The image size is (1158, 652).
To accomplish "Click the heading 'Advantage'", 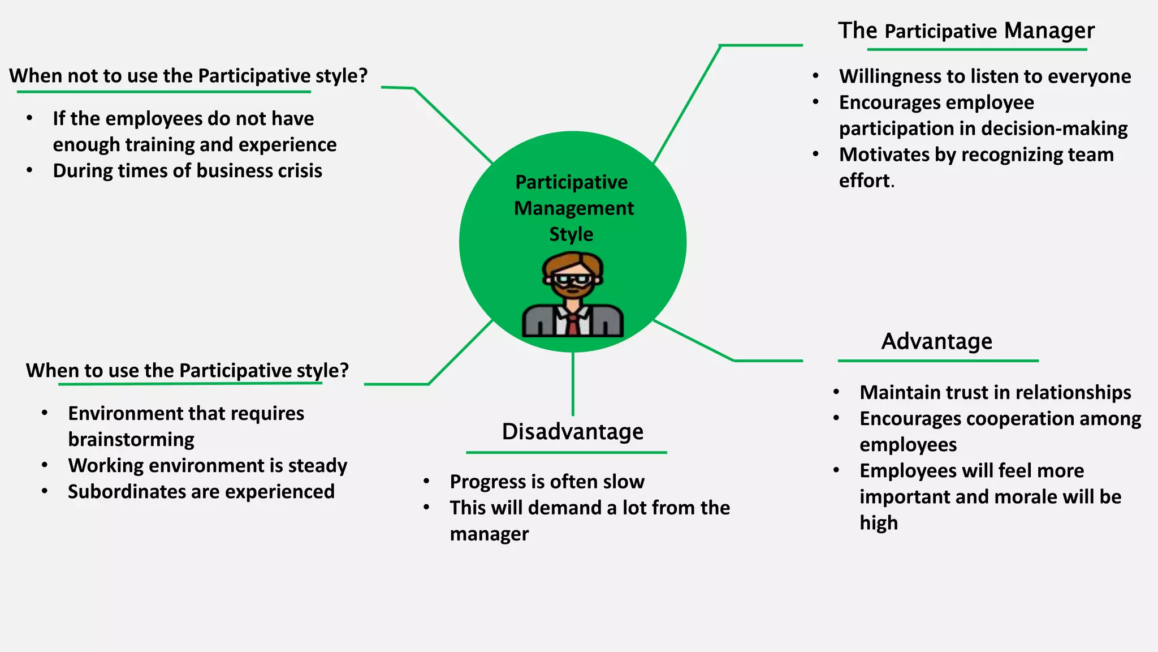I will click(936, 341).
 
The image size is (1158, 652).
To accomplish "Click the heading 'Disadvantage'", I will click(572, 432).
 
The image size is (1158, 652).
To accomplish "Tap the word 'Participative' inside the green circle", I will click(571, 182).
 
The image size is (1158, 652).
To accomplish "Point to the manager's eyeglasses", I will click(572, 280).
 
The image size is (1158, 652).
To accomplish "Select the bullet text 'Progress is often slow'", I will click(547, 482).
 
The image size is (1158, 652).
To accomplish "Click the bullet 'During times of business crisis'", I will click(187, 171).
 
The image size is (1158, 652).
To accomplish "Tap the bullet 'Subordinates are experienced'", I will click(201, 492).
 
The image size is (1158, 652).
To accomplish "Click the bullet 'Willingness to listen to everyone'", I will click(984, 76).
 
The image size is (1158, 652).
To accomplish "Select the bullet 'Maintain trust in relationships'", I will click(995, 393).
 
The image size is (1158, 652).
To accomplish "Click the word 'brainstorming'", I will click(131, 440).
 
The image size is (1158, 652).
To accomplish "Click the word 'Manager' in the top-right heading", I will click(1049, 31).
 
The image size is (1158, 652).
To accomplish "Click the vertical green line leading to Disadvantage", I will click(573, 385).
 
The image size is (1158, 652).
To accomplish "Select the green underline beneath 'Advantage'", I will click(937, 361).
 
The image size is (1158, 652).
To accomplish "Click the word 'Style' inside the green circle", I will click(571, 234).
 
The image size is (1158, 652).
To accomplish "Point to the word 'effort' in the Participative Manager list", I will click(865, 181).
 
